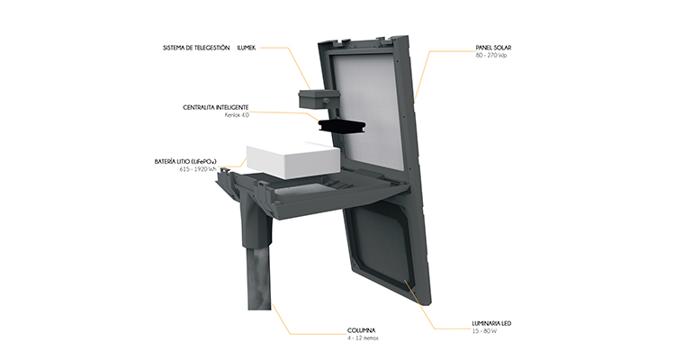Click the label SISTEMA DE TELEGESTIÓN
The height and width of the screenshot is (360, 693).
pos(196,48)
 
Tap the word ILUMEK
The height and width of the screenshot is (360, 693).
pos(247,48)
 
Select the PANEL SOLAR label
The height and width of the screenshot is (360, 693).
pos(493,48)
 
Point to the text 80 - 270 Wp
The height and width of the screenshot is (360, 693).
pos(491,55)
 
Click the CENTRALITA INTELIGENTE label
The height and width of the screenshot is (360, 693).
pos(216,107)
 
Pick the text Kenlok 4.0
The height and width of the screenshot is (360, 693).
pos(237,115)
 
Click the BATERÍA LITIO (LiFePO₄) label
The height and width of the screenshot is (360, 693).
pos(185,162)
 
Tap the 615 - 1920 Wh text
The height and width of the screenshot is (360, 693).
pos(198,169)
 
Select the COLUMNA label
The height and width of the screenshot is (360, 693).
pos(361,330)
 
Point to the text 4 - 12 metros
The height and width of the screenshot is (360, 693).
pos(363,338)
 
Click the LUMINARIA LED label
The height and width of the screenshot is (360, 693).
pos(491,323)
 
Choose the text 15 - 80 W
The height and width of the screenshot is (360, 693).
pos(484,331)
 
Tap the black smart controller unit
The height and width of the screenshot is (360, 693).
pos(340,126)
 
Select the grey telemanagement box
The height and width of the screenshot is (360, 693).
pos(319,99)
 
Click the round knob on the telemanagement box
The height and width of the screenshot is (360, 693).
pos(326,101)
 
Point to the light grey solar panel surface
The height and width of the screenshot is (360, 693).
pos(366,110)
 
